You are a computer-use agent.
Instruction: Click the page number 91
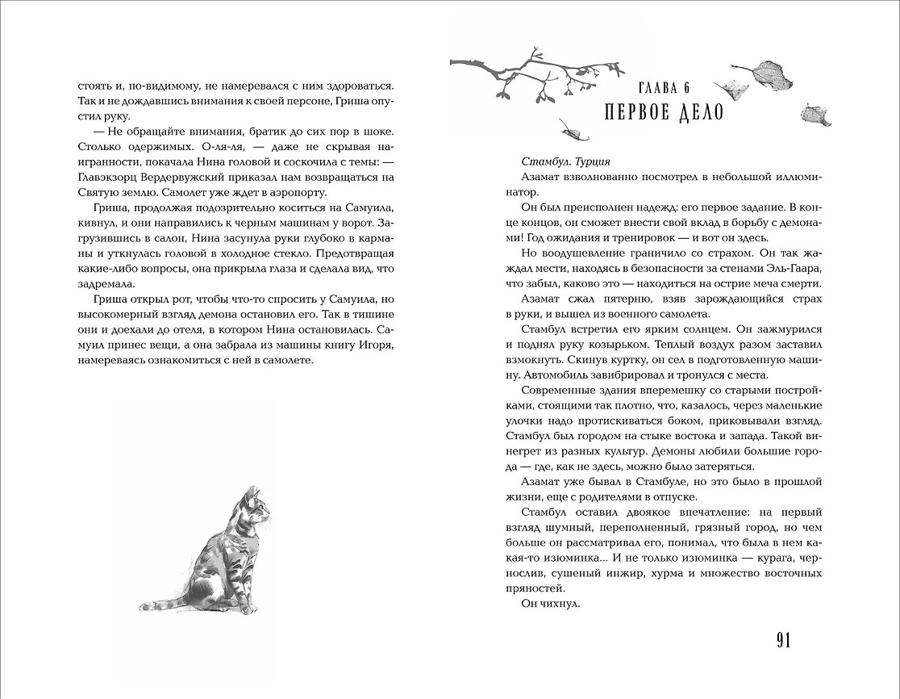[783, 640]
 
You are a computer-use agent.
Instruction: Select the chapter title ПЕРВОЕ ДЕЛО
[664, 112]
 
